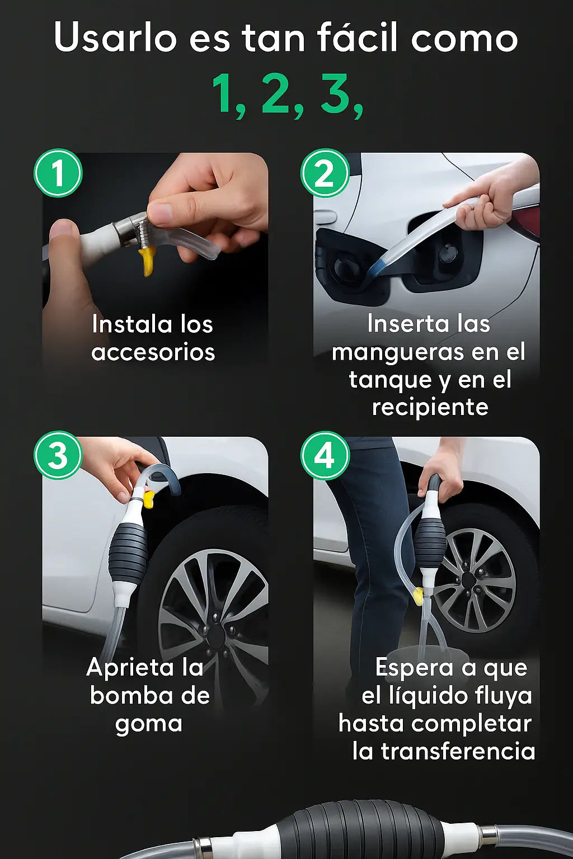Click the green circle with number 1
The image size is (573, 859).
point(58,173)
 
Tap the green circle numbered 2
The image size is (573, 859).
point(325,173)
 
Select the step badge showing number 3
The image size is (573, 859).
point(58,455)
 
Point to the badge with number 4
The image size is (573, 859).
point(325,455)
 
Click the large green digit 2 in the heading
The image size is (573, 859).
point(275,93)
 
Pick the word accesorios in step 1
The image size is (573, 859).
point(153,352)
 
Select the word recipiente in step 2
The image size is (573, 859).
point(430,407)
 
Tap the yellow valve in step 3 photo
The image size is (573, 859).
point(148,499)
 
